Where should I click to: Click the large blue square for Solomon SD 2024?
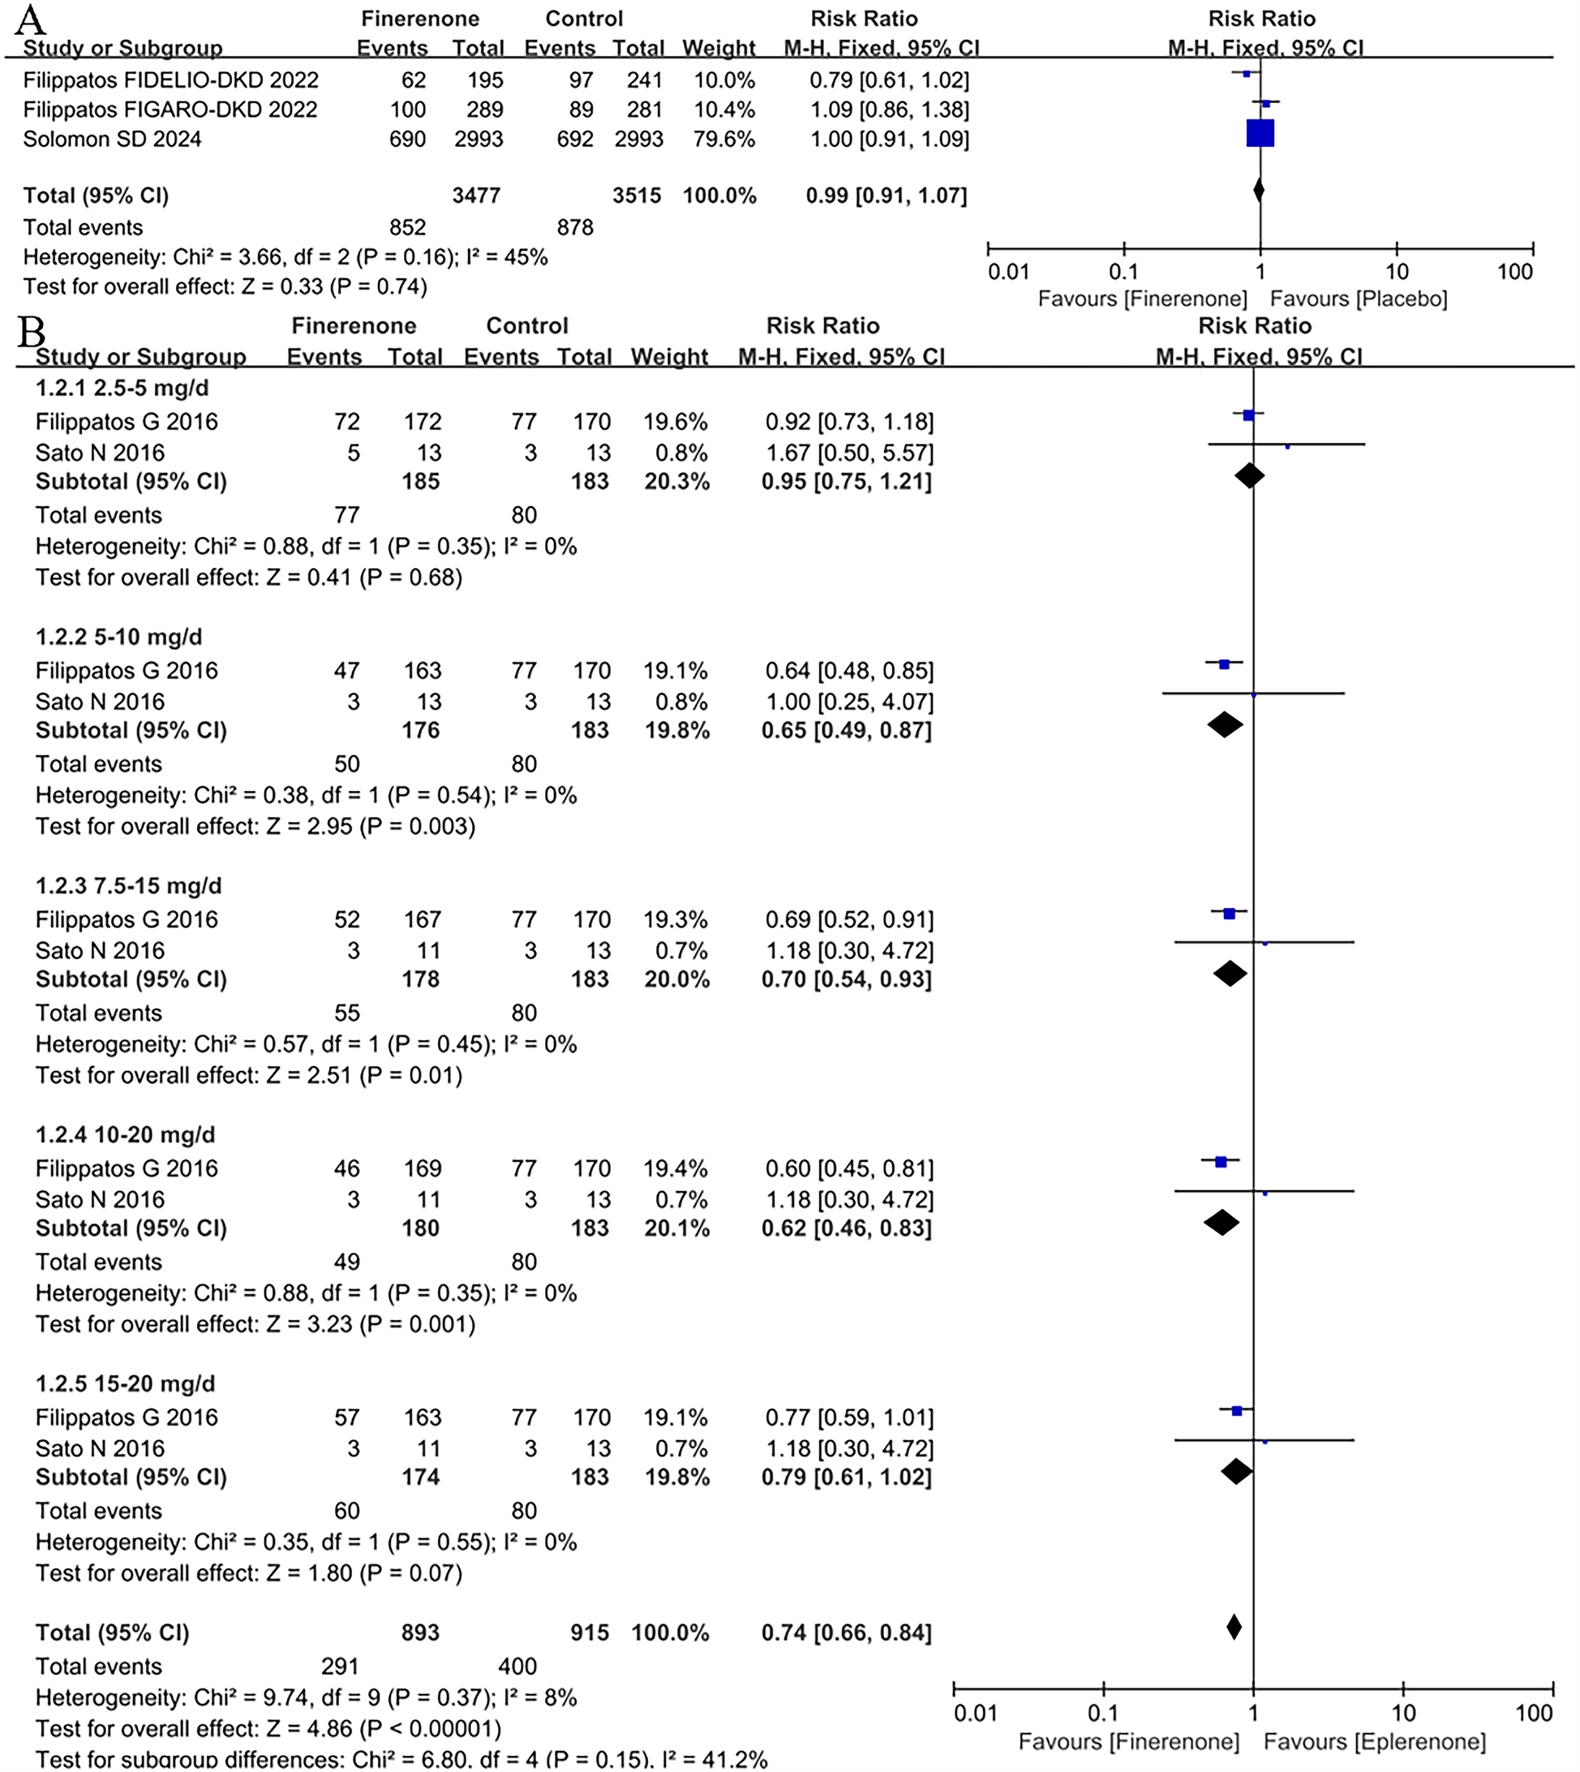tap(1260, 134)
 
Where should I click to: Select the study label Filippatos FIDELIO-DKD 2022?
tap(170, 80)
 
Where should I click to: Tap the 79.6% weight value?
tap(723, 139)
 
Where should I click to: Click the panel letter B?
tap(32, 332)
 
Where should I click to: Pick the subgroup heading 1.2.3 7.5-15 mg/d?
tap(128, 885)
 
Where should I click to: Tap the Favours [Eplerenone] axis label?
tap(1374, 1742)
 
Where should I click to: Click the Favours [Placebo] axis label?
tap(1359, 299)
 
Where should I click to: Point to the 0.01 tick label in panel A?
tap(1008, 272)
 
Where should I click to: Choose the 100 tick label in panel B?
tap(1533, 1714)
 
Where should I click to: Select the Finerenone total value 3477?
tap(476, 196)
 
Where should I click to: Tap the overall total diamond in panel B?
tap(1234, 1627)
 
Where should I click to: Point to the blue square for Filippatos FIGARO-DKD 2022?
tap(1266, 104)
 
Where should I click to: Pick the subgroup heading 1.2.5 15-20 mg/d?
tap(125, 1384)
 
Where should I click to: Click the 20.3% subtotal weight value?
tap(676, 481)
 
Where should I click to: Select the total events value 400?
tap(518, 1666)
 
